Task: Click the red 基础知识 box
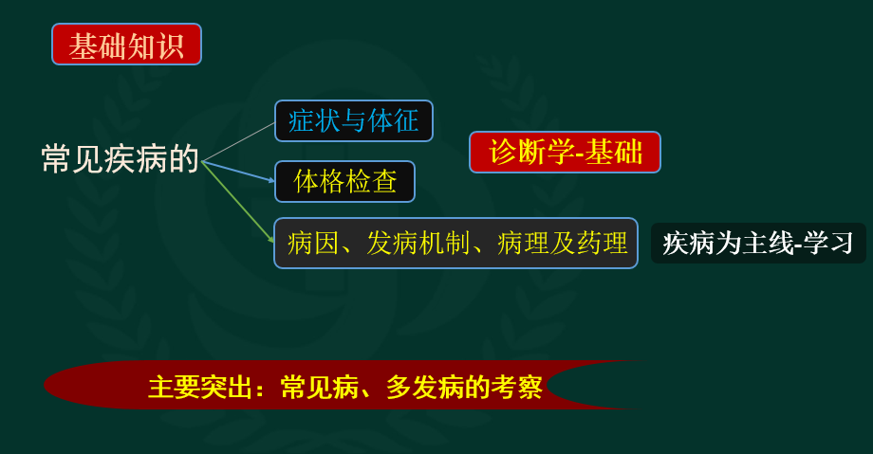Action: click(x=126, y=44)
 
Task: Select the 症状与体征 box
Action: click(x=354, y=120)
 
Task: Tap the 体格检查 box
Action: click(x=344, y=181)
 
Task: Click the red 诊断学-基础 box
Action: click(x=566, y=152)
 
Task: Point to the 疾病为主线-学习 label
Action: click(x=758, y=244)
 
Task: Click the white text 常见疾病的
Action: click(x=120, y=158)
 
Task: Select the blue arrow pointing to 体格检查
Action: click(x=238, y=172)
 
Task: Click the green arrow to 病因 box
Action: click(x=238, y=201)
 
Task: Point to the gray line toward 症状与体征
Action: click(x=238, y=142)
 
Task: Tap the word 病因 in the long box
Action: click(x=313, y=244)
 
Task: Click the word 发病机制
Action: click(x=418, y=244)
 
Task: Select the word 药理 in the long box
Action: click(x=602, y=244)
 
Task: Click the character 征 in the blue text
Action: click(x=406, y=120)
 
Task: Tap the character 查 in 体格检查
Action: click(x=384, y=181)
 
